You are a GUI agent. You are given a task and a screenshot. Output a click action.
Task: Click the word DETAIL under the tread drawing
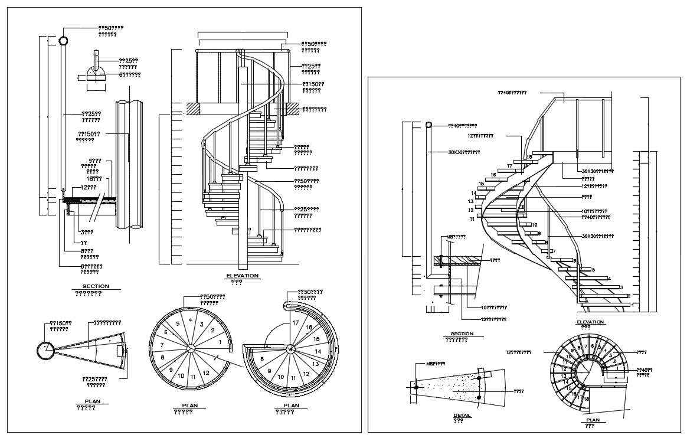click(x=462, y=415)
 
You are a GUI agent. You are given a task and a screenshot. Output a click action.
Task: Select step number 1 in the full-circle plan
click(x=221, y=341)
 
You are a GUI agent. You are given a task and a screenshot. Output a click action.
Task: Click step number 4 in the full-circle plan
click(x=190, y=320)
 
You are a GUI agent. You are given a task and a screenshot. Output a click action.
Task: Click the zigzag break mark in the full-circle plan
click(x=218, y=358)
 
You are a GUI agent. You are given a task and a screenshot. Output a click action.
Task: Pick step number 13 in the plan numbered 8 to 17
click(x=315, y=364)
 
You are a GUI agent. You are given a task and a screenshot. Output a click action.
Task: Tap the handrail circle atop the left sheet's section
click(x=63, y=41)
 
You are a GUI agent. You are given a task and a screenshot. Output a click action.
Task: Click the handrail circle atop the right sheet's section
click(x=429, y=125)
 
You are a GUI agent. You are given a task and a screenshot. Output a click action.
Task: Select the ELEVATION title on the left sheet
click(x=242, y=276)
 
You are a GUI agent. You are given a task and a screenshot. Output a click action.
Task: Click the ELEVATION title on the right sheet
click(x=590, y=322)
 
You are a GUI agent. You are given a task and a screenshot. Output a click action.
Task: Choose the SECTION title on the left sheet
click(x=96, y=286)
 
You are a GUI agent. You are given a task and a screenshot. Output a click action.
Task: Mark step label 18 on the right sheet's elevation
click(x=529, y=157)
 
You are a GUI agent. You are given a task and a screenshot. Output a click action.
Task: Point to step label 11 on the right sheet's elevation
click(x=472, y=219)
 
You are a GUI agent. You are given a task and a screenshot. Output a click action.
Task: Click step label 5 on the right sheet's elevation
click(x=593, y=270)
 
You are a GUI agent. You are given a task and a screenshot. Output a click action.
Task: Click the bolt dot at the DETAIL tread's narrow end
click(x=416, y=387)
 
